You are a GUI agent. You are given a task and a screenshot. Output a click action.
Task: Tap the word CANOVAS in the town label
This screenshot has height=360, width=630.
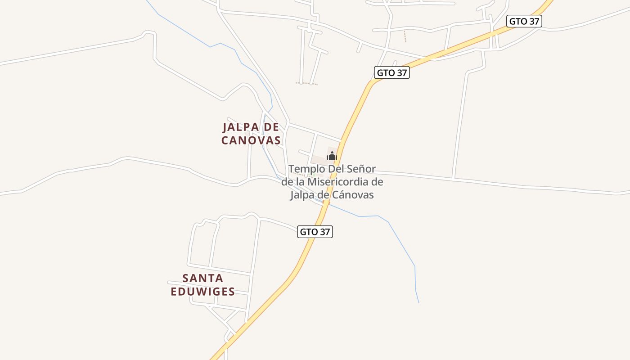pyautogui.click(x=251, y=140)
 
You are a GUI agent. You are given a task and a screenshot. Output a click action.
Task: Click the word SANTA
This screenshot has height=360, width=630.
pyautogui.click(x=202, y=278)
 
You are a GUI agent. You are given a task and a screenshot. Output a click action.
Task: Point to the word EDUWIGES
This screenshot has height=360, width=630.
pyautogui.click(x=202, y=292)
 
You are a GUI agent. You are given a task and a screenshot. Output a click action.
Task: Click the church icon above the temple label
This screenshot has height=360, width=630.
pyautogui.click(x=332, y=156)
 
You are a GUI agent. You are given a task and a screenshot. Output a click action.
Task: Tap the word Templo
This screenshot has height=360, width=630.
pyautogui.click(x=304, y=169)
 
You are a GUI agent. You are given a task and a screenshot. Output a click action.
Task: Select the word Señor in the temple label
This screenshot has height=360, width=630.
pyautogui.click(x=361, y=169)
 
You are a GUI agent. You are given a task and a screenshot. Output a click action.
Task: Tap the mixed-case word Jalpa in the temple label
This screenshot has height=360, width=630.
pyautogui.click(x=302, y=195)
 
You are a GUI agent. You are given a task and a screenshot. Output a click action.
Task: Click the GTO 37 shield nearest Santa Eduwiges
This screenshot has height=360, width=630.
pyautogui.click(x=315, y=232)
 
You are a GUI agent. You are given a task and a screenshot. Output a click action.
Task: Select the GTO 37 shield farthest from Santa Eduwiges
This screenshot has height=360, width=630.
pyautogui.click(x=524, y=21)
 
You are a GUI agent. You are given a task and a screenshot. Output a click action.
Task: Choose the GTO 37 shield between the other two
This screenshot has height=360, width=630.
pyautogui.click(x=391, y=72)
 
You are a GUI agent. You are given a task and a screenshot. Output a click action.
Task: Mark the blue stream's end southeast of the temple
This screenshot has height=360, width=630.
pyautogui.click(x=418, y=302)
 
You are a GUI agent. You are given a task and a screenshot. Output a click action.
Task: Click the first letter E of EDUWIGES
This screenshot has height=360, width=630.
pyautogui.click(x=174, y=292)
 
